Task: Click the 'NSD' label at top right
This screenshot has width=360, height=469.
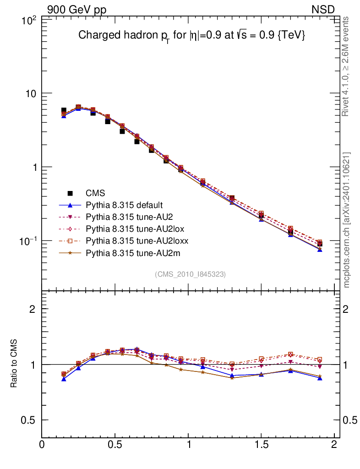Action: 323,9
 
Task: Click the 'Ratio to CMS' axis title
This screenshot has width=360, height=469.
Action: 15,364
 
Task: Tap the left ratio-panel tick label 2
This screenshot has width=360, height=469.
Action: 33,309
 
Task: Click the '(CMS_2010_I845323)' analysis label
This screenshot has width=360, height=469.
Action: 190,274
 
